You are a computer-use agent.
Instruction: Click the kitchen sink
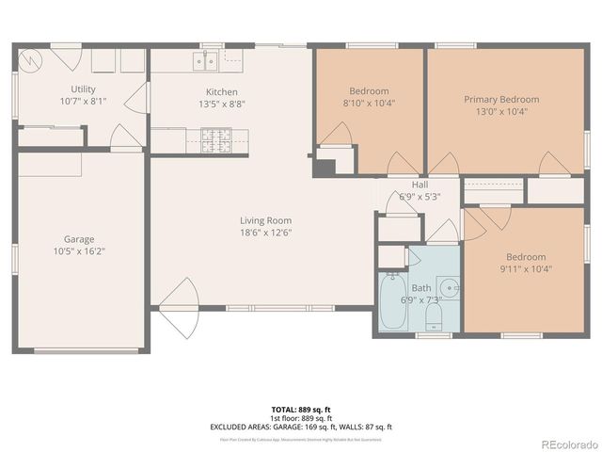pos(205,61)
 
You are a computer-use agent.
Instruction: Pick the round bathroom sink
pos(450,286)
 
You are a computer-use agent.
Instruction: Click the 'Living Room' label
pos(265,220)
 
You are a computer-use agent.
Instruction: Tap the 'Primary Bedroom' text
pos(500,99)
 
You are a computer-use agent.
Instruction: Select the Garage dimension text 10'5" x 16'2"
pos(79,252)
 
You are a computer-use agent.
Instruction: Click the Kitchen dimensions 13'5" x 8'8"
pos(222,105)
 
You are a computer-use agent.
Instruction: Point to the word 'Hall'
pos(420,185)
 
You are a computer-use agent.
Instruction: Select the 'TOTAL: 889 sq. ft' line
pos(300,410)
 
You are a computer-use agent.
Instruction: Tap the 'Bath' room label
pos(420,287)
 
